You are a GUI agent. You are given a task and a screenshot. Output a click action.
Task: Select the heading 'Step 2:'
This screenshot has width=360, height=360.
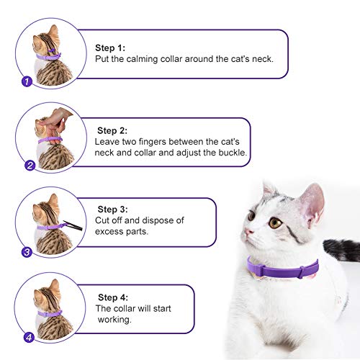coord(113,131)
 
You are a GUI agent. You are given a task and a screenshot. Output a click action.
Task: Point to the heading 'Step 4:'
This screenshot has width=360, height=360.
coord(112,297)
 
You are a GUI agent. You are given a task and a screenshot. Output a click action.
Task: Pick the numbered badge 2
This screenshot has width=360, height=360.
coord(30,166)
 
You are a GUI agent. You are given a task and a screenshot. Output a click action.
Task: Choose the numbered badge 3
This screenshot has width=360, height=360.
coord(27,252)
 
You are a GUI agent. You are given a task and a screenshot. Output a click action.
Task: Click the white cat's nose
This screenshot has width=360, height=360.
coord(247,232)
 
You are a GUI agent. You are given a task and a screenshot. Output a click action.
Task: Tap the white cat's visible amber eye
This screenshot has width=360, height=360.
coord(275,222)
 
